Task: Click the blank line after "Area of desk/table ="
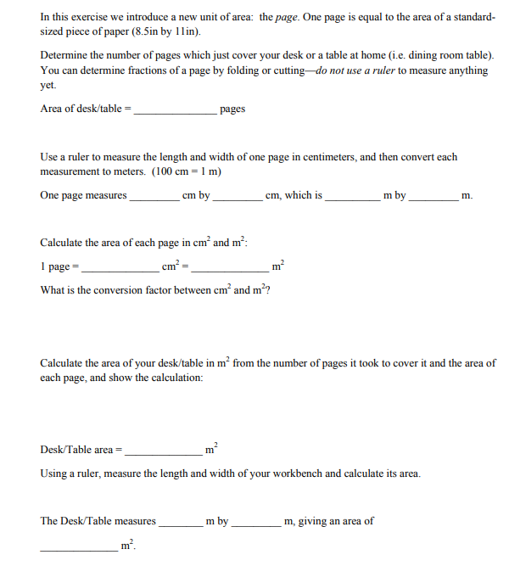(x=176, y=109)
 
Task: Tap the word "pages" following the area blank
(x=232, y=109)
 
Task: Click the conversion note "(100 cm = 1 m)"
(x=187, y=171)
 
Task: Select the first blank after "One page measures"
(x=154, y=196)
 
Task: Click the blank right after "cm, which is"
(x=353, y=196)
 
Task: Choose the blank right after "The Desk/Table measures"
(x=181, y=522)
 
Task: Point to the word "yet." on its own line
(x=48, y=85)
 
